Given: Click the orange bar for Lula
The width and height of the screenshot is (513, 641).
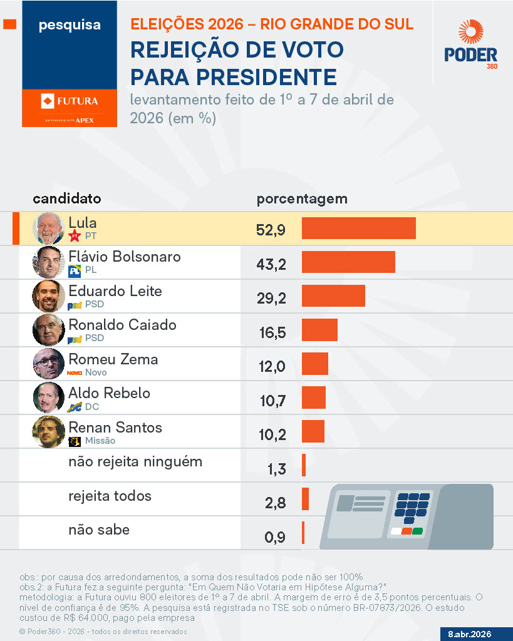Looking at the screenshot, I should pos(358,228).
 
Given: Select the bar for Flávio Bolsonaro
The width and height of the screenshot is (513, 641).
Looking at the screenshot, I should pos(348,262).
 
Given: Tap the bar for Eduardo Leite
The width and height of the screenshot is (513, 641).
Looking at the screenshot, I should pos(333,296).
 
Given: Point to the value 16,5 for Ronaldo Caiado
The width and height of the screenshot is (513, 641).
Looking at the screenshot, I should pos(272,332).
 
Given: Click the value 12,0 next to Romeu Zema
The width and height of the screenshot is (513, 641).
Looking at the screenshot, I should pos(272,366).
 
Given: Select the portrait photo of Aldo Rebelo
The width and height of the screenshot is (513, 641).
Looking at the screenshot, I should pos(48,397).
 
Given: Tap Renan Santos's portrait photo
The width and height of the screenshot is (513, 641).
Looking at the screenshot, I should pos(48,432).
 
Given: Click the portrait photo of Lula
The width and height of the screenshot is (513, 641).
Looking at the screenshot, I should pos(48,227).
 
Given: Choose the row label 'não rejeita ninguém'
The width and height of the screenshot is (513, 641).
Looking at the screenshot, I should pos(135,462).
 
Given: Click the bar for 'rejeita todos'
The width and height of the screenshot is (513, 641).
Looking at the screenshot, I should pos(305,499).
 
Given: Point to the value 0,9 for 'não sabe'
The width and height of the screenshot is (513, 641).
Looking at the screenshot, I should pos(274,536).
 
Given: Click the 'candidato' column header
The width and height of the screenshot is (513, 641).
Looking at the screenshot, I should pos(66,199).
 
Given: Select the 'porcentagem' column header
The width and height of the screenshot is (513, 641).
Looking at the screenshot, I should pos(302,199).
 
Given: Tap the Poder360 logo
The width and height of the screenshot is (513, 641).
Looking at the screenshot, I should pos(471,44).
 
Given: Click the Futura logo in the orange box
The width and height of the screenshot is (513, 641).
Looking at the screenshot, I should pos(70,101).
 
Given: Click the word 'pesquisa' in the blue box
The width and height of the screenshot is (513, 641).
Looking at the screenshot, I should pos(70,26).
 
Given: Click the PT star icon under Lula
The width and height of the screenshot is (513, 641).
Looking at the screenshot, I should pos(75,236).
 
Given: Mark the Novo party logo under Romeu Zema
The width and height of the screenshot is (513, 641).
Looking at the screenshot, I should pos(75,372).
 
